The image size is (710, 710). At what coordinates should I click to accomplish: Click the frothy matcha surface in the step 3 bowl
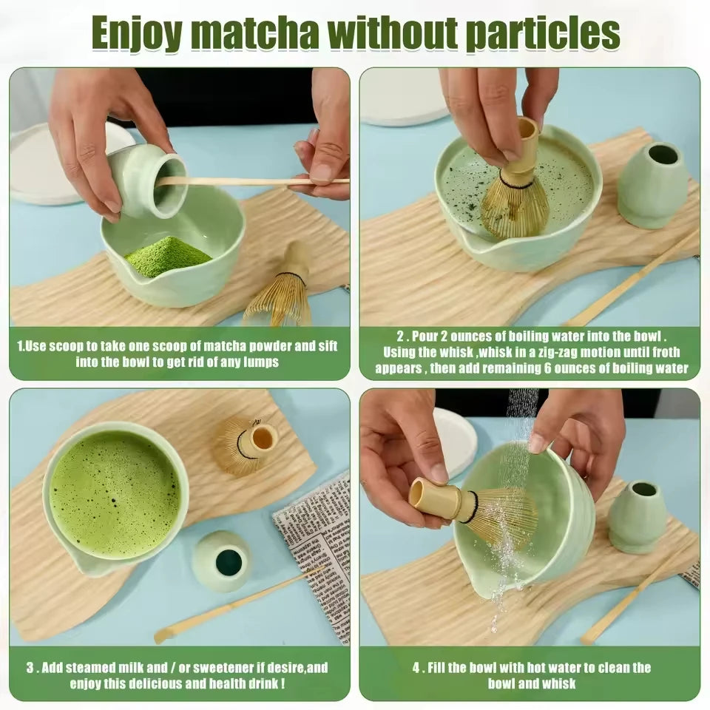pyautogui.click(x=115, y=484)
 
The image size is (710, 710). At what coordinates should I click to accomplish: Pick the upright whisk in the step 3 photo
pyautogui.click(x=246, y=444)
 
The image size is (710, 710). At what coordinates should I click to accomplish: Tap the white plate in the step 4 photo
pyautogui.click(x=454, y=440)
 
